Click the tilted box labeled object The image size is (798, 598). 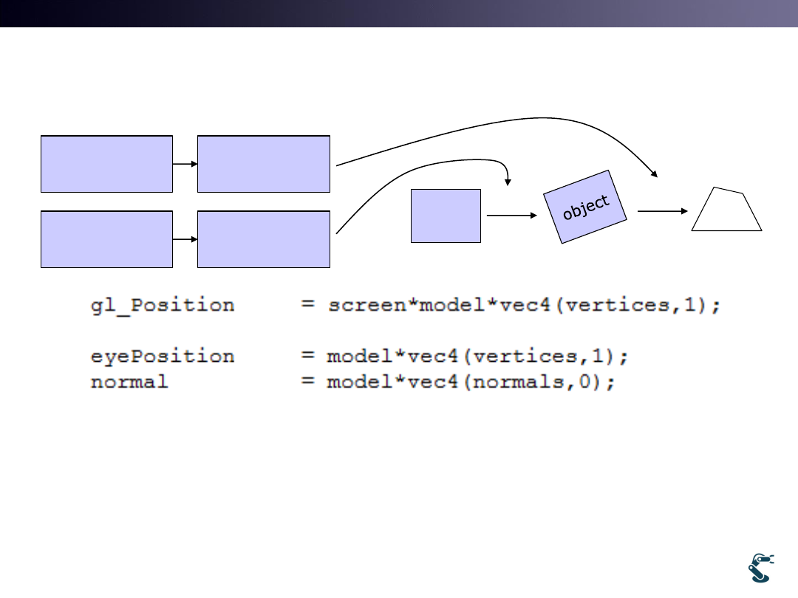tap(585, 207)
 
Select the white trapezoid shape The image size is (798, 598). tap(727, 210)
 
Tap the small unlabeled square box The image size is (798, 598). tap(446, 216)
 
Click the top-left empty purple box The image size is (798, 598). tap(106, 164)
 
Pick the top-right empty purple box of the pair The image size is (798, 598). tap(264, 164)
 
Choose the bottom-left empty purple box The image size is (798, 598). tap(106, 239)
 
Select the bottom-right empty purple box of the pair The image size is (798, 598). tap(264, 239)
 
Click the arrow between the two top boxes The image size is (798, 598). tap(185, 164)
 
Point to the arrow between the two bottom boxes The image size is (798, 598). tap(185, 239)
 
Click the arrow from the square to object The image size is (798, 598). tap(511, 216)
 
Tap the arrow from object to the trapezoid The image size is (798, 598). tap(662, 210)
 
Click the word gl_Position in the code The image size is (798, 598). tap(163, 306)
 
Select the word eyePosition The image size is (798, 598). tap(163, 357)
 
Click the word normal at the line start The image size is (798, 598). tap(129, 382)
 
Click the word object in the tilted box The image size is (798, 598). tap(585, 207)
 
